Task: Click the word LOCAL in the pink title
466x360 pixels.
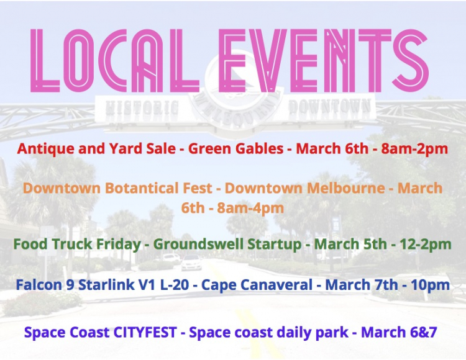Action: (114, 60)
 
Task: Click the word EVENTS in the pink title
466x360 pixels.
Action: (324, 60)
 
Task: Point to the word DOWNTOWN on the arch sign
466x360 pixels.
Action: (329, 106)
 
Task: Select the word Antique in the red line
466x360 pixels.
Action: (46, 149)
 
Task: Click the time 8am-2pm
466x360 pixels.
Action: (414, 149)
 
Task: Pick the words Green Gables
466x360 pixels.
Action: (235, 149)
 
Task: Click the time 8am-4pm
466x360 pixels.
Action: (250, 208)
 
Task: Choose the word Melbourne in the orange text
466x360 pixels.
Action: (345, 188)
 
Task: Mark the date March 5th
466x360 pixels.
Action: (350, 245)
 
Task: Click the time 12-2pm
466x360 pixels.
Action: (426, 245)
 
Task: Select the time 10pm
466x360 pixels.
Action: (431, 285)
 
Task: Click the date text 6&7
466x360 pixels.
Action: (424, 332)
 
